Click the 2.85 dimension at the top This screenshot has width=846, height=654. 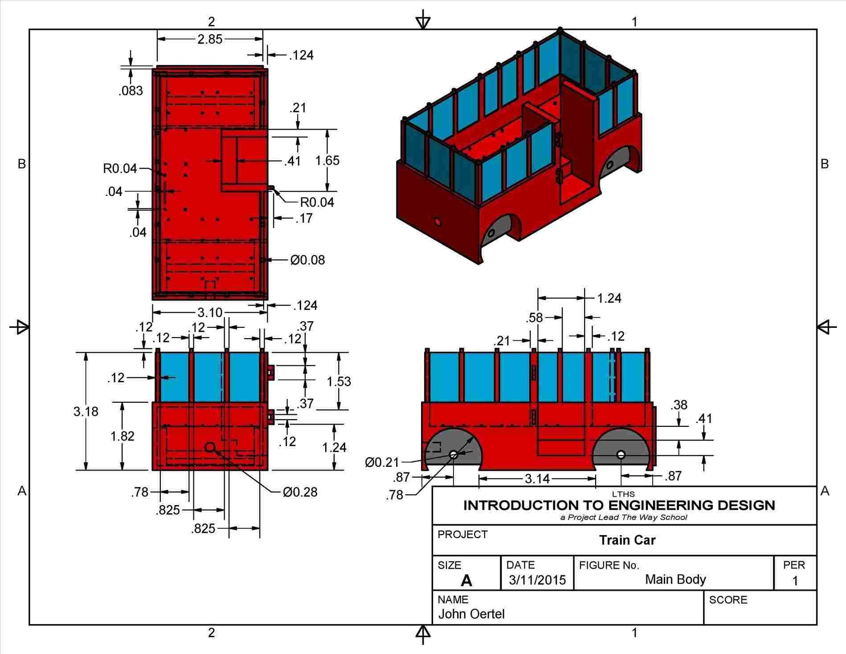210,39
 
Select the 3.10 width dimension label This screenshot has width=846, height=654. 209,312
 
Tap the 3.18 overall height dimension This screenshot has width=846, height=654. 86,411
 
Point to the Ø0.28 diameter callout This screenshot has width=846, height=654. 300,492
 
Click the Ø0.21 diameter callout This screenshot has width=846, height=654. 382,462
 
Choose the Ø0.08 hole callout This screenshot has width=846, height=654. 307,260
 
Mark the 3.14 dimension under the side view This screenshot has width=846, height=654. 537,479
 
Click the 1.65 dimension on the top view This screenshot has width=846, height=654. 327,160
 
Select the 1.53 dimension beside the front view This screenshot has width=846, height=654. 339,381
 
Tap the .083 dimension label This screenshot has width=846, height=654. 131,91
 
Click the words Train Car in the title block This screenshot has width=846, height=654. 627,540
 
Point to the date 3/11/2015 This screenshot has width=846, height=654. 537,580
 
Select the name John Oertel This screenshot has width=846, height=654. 471,614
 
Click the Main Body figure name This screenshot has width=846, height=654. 675,579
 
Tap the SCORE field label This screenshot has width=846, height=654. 728,600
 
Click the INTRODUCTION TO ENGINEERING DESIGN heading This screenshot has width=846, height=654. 619,505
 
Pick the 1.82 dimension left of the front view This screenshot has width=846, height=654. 123,436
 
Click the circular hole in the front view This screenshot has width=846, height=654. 210,447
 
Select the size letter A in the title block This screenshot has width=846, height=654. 466,580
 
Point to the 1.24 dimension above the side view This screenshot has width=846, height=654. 609,298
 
